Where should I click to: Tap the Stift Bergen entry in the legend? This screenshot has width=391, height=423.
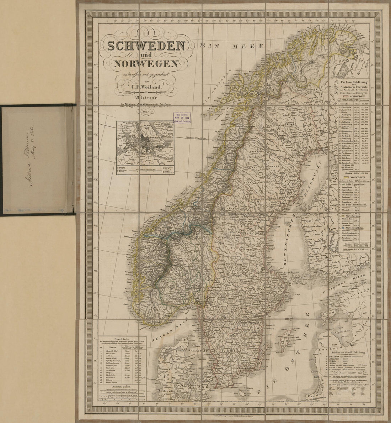point(352,216)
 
